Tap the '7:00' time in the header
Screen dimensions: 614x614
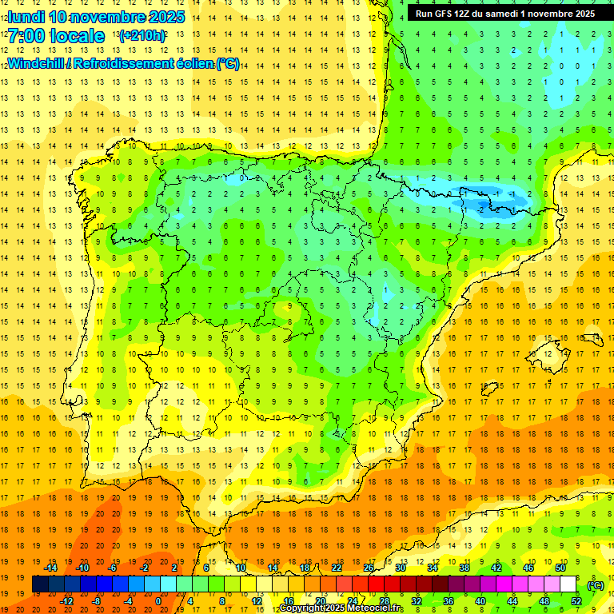(x=26, y=36)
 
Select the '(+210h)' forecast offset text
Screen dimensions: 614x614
(x=142, y=36)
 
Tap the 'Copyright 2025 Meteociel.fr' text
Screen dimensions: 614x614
(x=341, y=608)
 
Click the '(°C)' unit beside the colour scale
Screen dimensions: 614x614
(x=596, y=585)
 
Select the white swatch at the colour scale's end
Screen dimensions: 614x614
(x=568, y=584)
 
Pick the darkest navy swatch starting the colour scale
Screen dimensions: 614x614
(x=40, y=584)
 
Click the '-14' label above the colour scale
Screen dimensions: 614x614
(x=50, y=568)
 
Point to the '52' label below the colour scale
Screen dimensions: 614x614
(x=576, y=600)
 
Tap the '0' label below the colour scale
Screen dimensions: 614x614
(x=157, y=600)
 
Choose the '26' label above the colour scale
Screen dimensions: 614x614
(x=369, y=568)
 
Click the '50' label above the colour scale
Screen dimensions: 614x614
(x=560, y=568)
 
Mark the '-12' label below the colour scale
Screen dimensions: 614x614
(x=67, y=600)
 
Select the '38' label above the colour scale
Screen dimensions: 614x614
(x=464, y=568)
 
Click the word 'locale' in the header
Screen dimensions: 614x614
(x=80, y=36)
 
